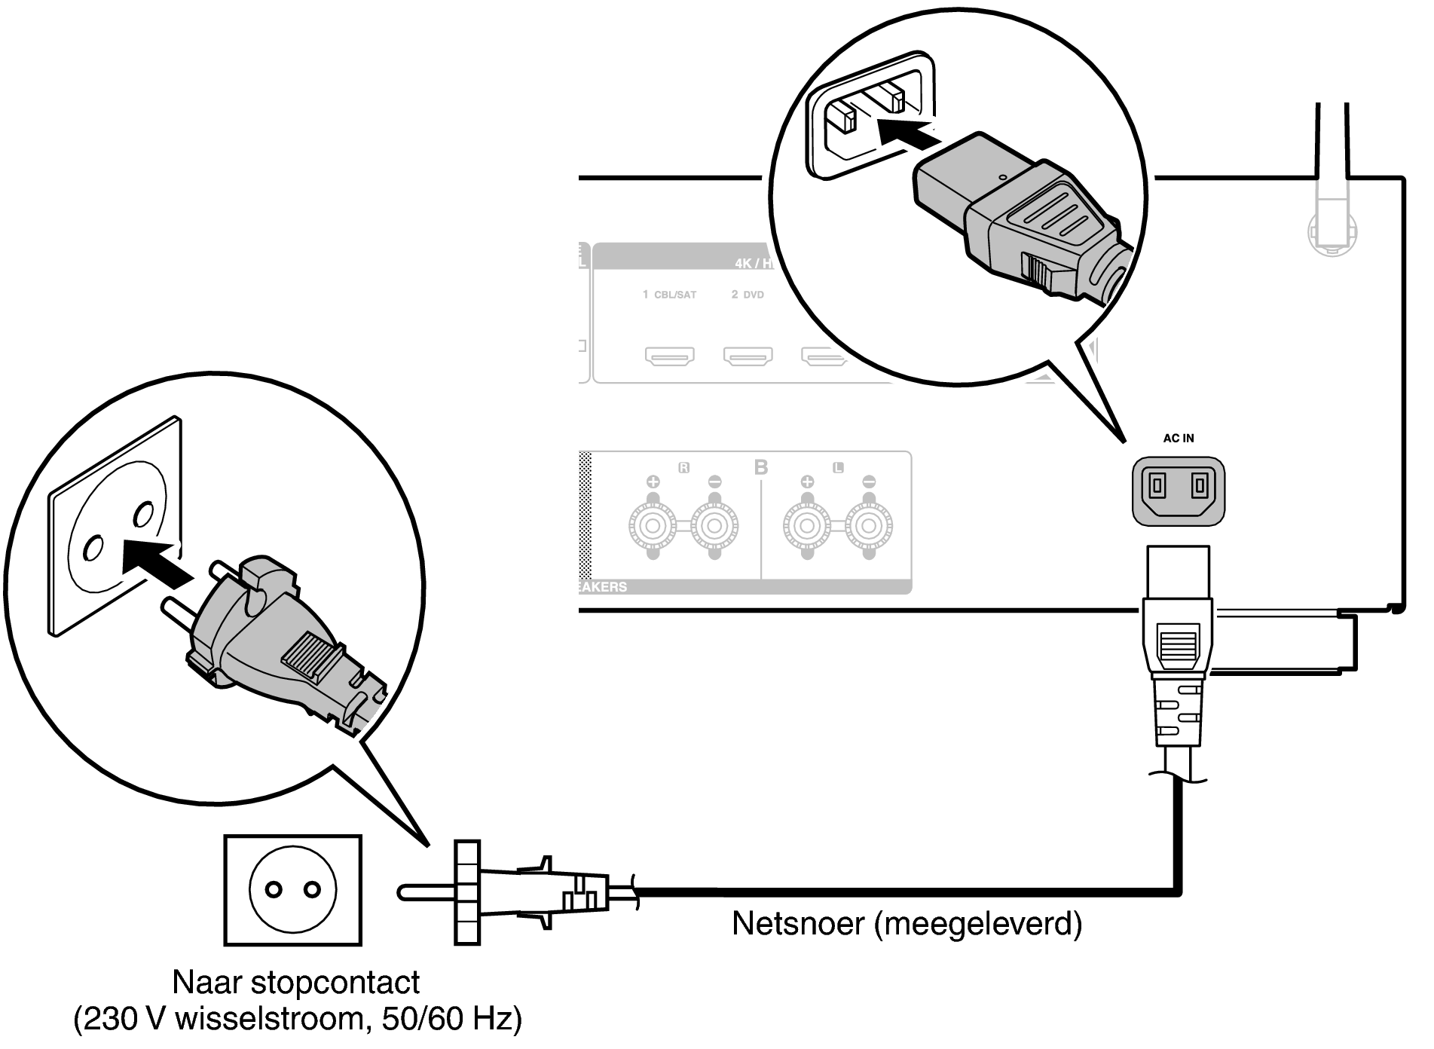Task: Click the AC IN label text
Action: pos(1179,438)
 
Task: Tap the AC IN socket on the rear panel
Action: pos(1179,491)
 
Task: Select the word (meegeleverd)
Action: pos(978,924)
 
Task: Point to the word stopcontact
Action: pos(335,983)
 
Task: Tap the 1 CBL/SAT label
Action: pos(669,295)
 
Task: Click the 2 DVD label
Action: pos(748,295)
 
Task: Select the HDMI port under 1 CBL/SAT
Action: pos(669,355)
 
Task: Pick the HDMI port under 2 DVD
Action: pos(748,355)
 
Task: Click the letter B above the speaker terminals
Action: pos(761,467)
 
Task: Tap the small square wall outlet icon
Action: pos(292,890)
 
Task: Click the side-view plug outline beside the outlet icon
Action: pos(512,893)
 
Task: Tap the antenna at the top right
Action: pos(1332,188)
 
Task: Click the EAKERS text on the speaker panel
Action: pos(603,587)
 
